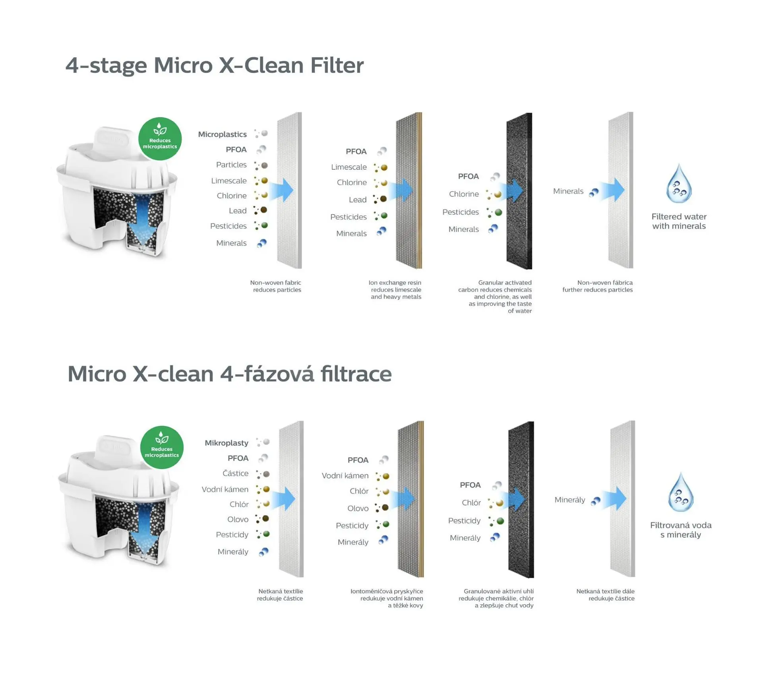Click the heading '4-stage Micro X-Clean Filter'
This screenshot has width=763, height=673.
point(214,65)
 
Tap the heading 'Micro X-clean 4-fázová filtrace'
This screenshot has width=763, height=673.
point(229,374)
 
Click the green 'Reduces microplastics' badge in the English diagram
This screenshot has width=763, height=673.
point(160,139)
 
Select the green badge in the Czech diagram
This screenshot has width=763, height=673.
point(162,447)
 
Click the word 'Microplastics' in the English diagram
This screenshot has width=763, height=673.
point(222,134)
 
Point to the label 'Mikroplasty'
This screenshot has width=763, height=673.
point(226,443)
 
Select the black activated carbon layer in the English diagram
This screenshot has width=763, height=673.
point(519,191)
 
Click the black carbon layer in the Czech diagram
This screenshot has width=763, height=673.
point(521,499)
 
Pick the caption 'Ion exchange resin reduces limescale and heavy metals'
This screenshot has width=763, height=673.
point(395,290)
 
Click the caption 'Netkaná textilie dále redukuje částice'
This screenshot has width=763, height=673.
point(605,595)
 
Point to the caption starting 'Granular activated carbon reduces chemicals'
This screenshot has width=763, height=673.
point(495,297)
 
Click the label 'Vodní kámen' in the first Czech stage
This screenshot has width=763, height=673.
point(225,489)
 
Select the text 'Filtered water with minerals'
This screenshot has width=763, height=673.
point(679,221)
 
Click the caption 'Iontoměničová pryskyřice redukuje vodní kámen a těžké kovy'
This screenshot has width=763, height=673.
point(387,598)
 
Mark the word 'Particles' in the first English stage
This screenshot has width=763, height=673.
point(231,165)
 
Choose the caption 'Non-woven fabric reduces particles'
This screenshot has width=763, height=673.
point(276,286)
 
